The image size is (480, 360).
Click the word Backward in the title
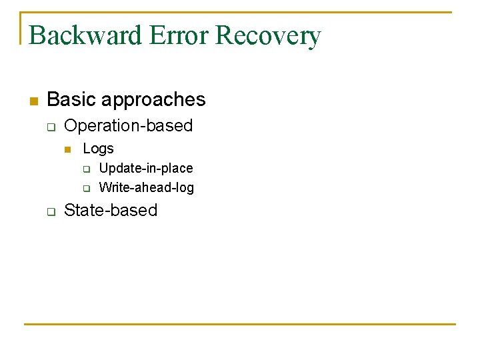point(85,35)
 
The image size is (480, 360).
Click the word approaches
point(154,100)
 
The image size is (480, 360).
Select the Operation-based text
point(128,125)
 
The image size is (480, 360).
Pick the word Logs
point(98,149)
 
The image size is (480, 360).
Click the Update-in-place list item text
point(145,168)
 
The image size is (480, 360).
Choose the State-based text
point(111,211)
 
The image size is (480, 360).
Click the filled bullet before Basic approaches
point(33,101)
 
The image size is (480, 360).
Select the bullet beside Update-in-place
point(85,169)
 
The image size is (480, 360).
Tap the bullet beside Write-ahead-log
point(85,188)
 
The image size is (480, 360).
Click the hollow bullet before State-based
point(50,211)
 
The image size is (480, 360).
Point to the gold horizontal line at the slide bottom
point(240,324)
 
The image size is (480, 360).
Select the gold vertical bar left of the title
point(21,28)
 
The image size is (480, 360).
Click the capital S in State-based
point(69,211)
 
